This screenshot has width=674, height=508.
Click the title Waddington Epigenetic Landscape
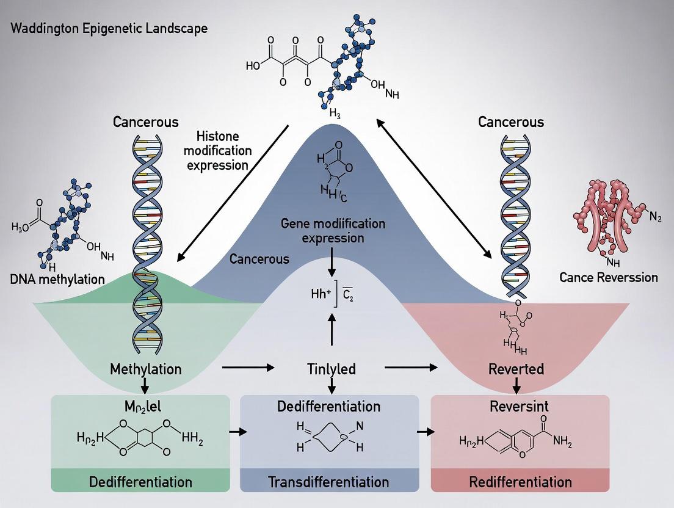pyautogui.click(x=108, y=29)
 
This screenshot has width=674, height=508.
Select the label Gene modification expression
pyautogui.click(x=332, y=231)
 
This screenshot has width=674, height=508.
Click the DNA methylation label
pyautogui.click(x=57, y=279)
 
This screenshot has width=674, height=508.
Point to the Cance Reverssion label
pyautogui.click(x=609, y=277)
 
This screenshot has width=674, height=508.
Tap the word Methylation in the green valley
pyautogui.click(x=146, y=369)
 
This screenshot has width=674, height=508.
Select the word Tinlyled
pyautogui.click(x=331, y=369)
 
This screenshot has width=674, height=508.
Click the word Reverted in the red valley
pyautogui.click(x=516, y=369)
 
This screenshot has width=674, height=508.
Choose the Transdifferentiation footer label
pyautogui.click(x=328, y=482)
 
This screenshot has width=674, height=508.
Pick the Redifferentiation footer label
pyautogui.click(x=520, y=482)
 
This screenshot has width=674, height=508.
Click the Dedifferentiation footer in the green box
pyautogui.click(x=140, y=482)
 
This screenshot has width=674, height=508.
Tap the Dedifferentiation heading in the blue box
pyautogui.click(x=328, y=406)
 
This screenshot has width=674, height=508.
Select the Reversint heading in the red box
pyautogui.click(x=518, y=406)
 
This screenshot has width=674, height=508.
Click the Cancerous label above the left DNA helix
pyautogui.click(x=147, y=122)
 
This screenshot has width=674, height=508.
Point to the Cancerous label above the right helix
pyautogui.click(x=511, y=122)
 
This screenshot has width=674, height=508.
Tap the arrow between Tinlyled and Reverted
pyautogui.click(x=411, y=368)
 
